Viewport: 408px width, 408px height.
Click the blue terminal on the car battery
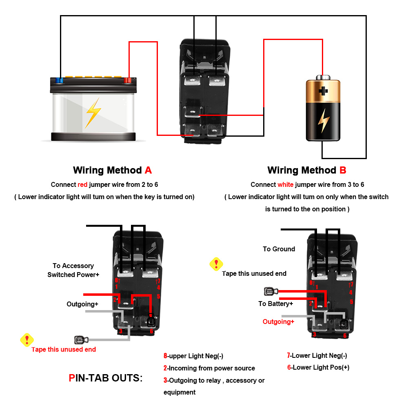[60, 80]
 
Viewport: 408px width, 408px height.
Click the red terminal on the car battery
[128, 80]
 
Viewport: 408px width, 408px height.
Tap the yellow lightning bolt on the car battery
[93, 113]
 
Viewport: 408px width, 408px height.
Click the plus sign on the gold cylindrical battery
[323, 91]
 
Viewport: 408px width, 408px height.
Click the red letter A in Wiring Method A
[148, 170]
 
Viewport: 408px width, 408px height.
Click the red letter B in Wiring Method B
[343, 170]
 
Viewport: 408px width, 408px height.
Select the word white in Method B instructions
[285, 184]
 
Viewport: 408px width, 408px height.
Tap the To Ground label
[279, 249]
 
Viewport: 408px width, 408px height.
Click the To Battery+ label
[275, 304]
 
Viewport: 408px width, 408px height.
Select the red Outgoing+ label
[278, 322]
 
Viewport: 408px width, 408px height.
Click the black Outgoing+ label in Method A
[82, 304]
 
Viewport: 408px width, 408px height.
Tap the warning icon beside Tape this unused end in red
[27, 339]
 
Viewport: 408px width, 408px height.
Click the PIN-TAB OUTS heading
[106, 378]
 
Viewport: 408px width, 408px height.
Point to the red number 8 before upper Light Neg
[165, 356]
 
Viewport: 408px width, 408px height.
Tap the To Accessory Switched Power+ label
[73, 270]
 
